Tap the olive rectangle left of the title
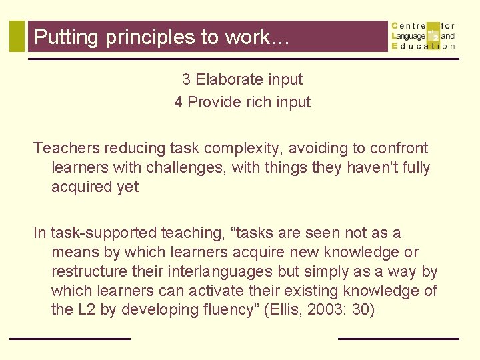click(x=17, y=36)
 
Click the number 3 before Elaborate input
click(x=187, y=79)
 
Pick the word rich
click(x=250, y=102)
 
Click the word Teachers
click(x=65, y=148)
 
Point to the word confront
click(x=399, y=148)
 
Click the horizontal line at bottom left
click(x=69, y=339)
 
